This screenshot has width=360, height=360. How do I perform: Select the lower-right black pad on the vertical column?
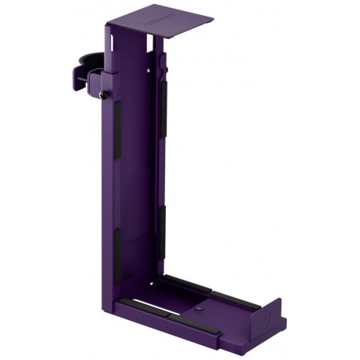click(164, 228)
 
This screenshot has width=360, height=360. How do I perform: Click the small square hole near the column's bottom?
click(129, 274)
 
